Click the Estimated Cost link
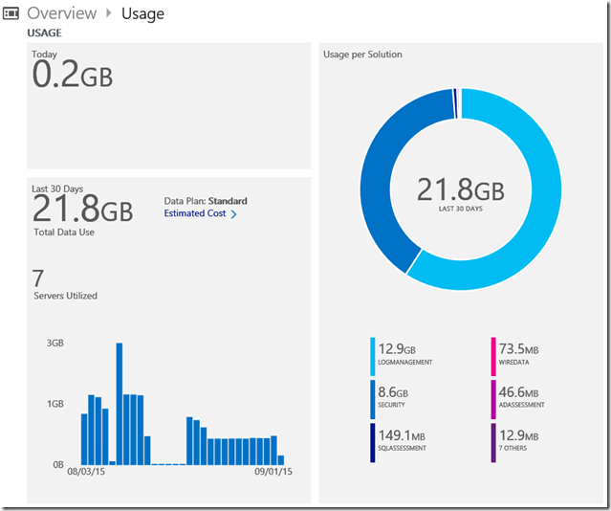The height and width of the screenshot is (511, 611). (195, 213)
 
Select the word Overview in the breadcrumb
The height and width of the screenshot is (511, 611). (61, 13)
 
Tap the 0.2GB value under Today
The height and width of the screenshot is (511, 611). (73, 75)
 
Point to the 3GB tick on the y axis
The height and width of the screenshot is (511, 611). (55, 343)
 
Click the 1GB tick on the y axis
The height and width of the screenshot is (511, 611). (55, 404)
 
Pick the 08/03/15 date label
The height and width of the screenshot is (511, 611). (86, 472)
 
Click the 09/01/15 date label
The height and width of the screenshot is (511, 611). (273, 472)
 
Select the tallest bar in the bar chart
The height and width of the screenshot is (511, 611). (120, 402)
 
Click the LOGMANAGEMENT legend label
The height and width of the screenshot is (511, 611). (406, 363)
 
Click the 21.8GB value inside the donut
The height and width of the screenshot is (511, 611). (460, 189)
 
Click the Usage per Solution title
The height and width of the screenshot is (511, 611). (364, 55)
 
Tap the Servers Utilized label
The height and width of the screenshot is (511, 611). (64, 296)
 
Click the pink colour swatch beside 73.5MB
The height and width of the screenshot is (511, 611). (493, 355)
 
